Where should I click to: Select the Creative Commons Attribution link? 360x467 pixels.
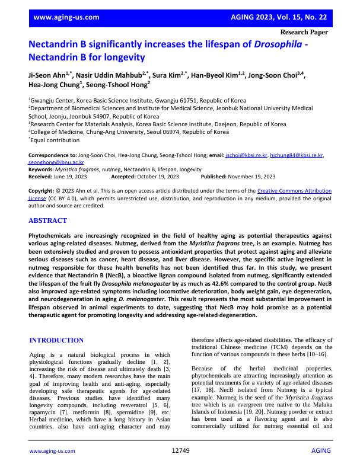click(294, 191)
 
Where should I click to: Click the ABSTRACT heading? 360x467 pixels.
click(47, 220)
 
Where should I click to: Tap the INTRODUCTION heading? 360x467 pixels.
click(56, 340)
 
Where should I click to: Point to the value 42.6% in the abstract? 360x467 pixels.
click(251, 276)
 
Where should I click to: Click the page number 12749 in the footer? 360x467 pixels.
click(180, 451)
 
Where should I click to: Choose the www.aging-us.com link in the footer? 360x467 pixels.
click(52, 451)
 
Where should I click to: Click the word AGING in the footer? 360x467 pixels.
click(320, 451)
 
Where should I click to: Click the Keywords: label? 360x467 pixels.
click(41, 169)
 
